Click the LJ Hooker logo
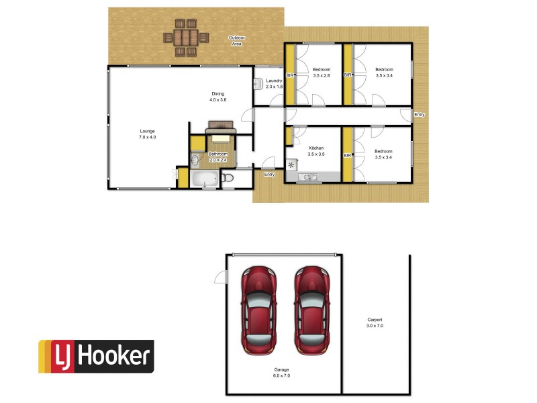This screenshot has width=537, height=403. pyautogui.click(x=95, y=356)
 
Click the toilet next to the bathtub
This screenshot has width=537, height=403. pyautogui.click(x=228, y=178)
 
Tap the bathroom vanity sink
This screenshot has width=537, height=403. pyautogui.click(x=195, y=161)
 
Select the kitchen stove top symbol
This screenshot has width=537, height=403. pyautogui.click(x=291, y=165)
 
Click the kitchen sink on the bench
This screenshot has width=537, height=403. pyautogui.click(x=309, y=177)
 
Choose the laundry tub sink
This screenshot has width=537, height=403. pyautogui.click(x=258, y=83)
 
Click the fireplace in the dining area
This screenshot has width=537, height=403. pyautogui.click(x=221, y=126)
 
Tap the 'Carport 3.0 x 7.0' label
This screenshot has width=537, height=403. pyautogui.click(x=375, y=322)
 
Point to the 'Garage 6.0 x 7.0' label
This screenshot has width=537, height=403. pyautogui.click(x=281, y=372)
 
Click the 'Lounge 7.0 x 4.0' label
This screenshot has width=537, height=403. pyautogui.click(x=147, y=134)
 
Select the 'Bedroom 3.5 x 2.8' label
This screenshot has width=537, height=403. pyautogui.click(x=322, y=73)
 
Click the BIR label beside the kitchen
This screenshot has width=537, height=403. pyautogui.click(x=347, y=155)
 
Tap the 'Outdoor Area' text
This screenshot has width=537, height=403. pyautogui.click(x=236, y=40)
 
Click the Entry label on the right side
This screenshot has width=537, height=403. pyautogui.click(x=420, y=115)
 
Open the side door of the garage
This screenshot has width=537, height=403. pyautogui.click(x=219, y=276)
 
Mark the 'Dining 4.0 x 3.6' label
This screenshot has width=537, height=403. pyautogui.click(x=218, y=97)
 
